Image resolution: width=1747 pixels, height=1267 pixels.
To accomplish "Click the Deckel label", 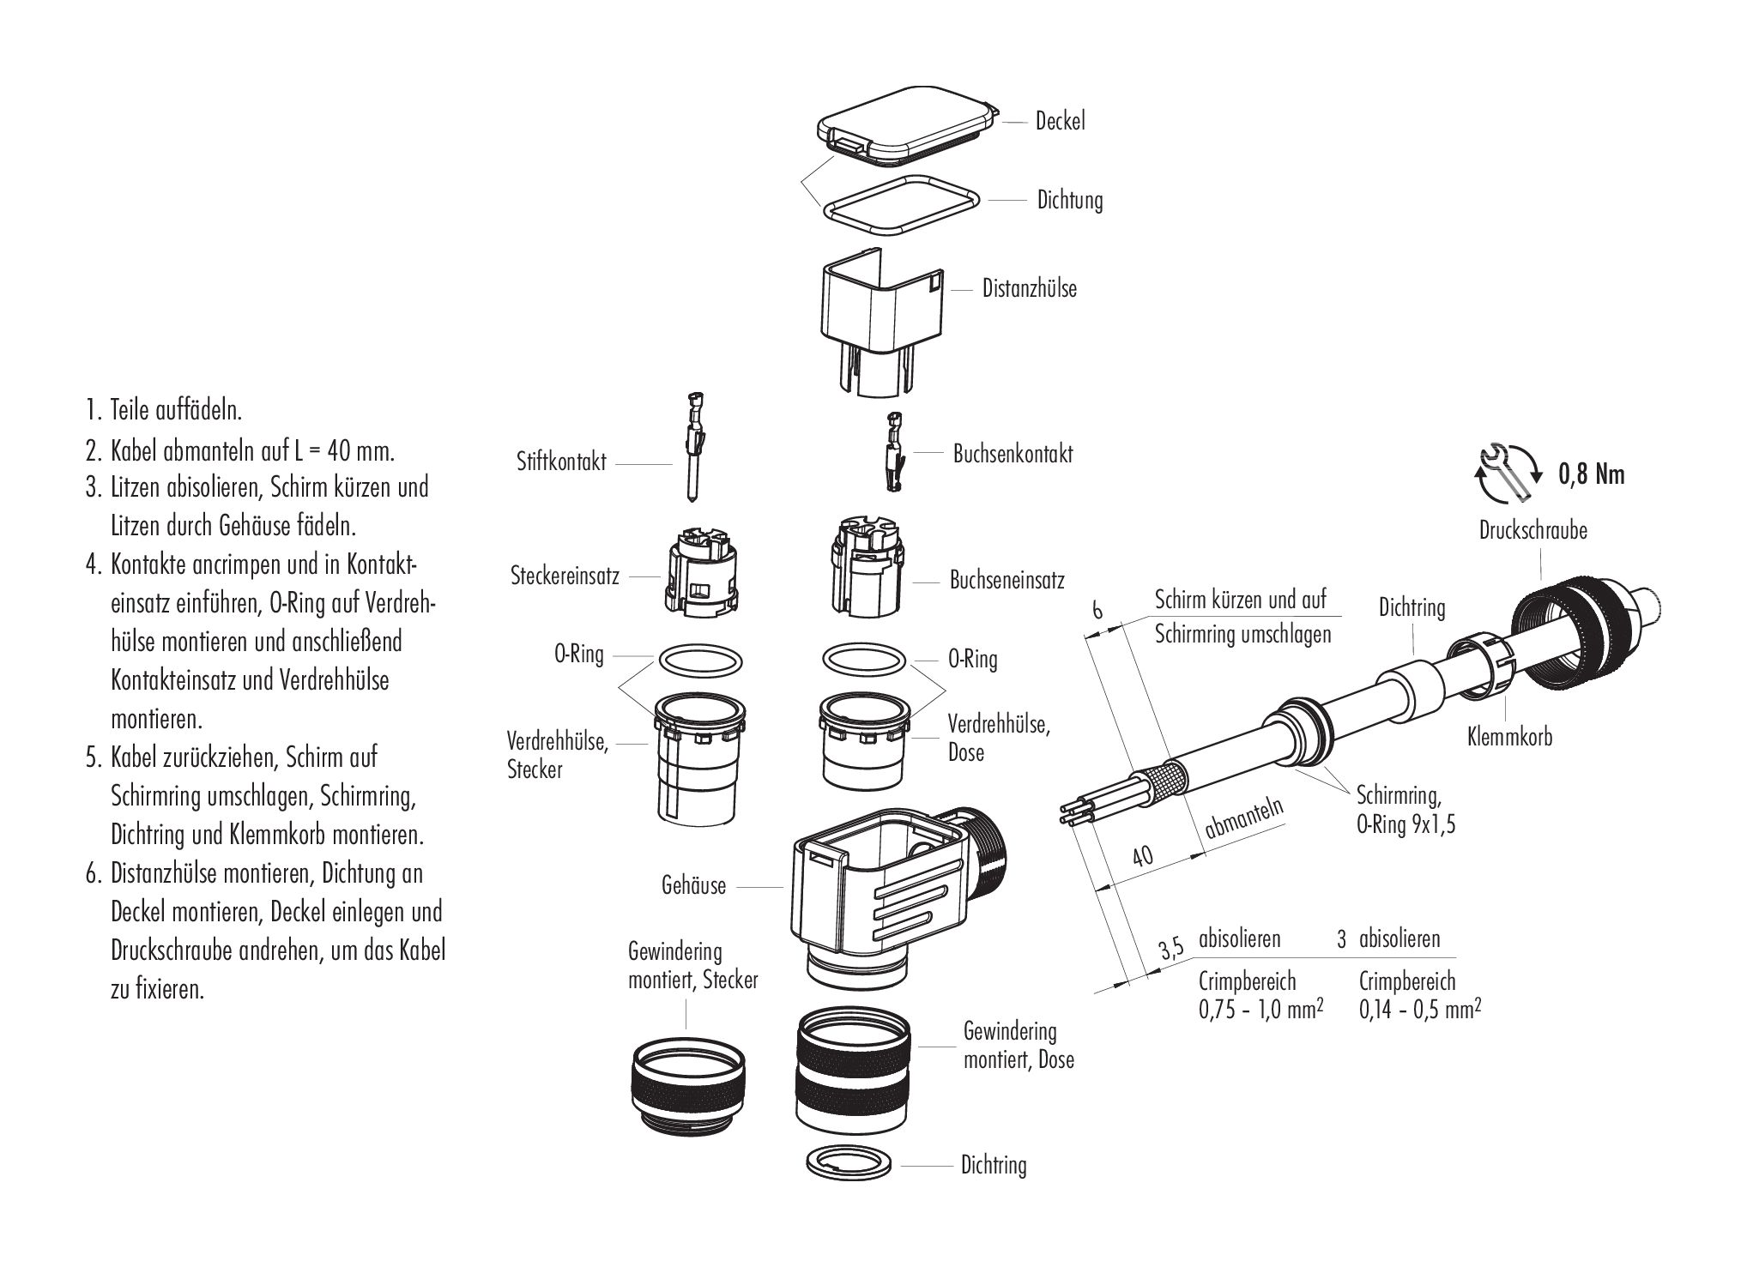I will pos(1060,122).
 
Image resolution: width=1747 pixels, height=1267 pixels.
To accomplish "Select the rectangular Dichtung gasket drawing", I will pos(901,206).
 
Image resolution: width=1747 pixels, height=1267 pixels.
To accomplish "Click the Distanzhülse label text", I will pos(1029,288).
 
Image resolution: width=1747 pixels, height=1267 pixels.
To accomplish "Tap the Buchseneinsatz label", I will pos(1006,580).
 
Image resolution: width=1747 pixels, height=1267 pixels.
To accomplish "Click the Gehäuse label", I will pos(693,885).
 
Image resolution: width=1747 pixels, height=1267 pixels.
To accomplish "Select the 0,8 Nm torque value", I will pos(1591,474).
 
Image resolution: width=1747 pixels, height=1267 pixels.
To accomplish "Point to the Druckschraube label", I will pos(1532,530).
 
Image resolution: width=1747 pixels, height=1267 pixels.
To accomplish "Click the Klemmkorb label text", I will pos(1509,736).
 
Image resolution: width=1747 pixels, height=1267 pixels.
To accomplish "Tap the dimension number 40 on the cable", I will pos(1142,856).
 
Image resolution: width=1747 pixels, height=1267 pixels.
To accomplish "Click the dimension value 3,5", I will pos(1170,950).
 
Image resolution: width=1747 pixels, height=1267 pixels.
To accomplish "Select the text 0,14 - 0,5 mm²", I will pos(1420,1010).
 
